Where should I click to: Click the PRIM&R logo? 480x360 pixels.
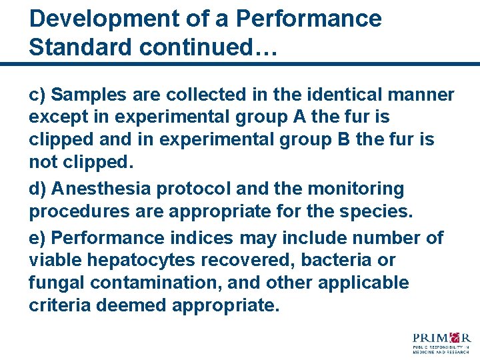tap(442, 341)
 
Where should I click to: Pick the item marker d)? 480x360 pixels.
tap(37, 189)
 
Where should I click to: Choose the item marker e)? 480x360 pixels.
tap(37, 238)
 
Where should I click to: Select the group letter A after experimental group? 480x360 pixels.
tap(299, 117)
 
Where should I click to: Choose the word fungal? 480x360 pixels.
tap(57, 283)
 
